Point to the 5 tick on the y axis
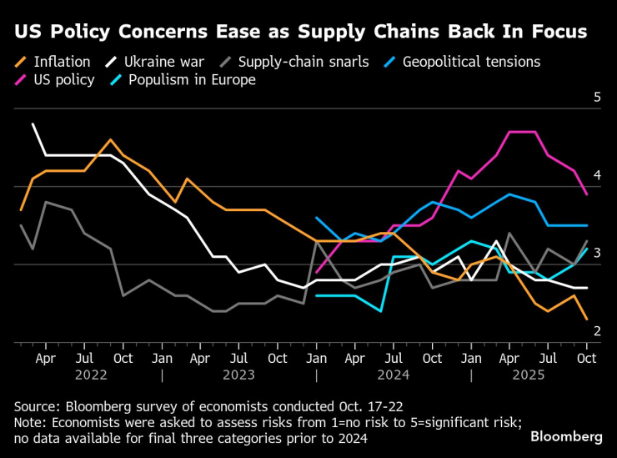click(597, 98)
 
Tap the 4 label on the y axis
click(597, 175)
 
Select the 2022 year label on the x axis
click(91, 375)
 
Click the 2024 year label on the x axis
click(394, 375)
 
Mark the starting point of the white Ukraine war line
click(33, 124)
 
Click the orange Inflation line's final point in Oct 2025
click(587, 319)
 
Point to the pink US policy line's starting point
click(316, 272)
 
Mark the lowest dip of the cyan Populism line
click(381, 311)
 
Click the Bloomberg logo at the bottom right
click(566, 437)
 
